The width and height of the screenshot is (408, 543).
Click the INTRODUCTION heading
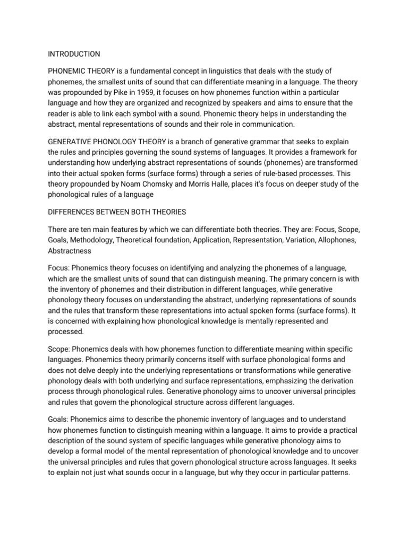point(73,54)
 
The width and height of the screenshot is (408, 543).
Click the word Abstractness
point(70,250)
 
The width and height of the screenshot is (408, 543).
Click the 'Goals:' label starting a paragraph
point(58,421)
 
